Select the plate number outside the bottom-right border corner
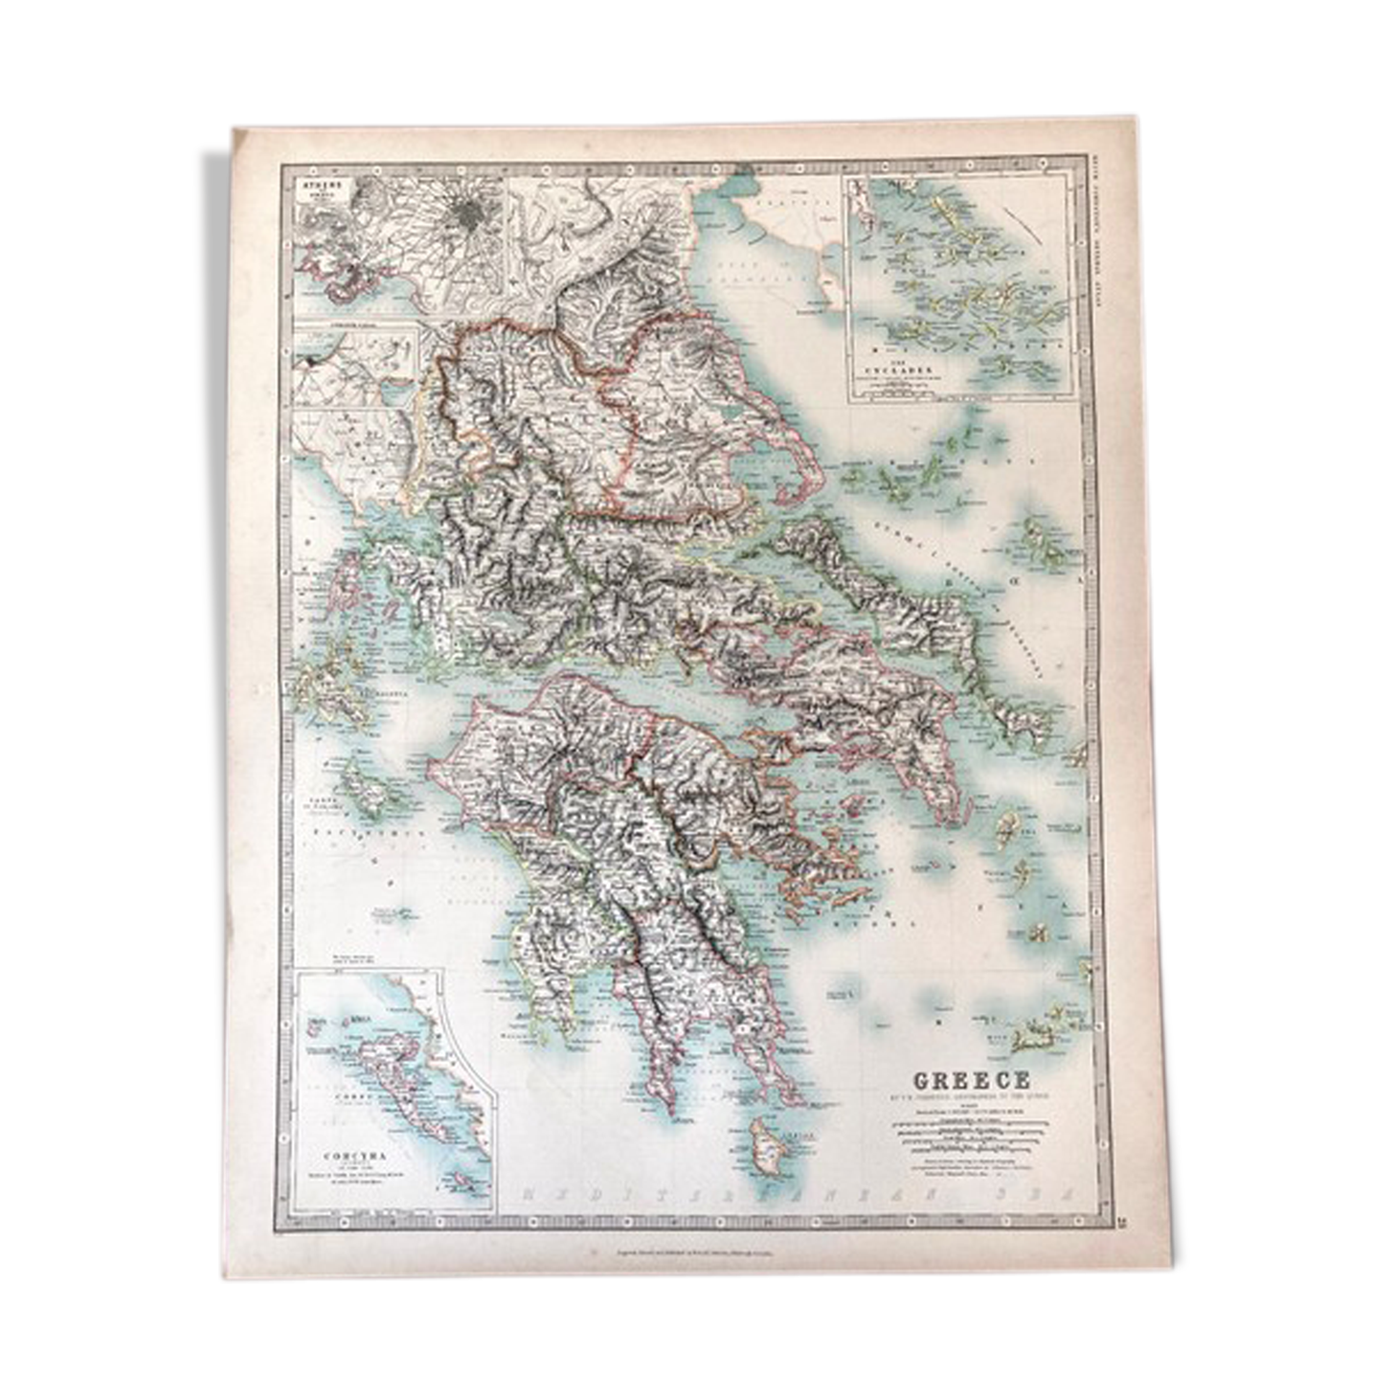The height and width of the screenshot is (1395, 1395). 1122,1222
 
